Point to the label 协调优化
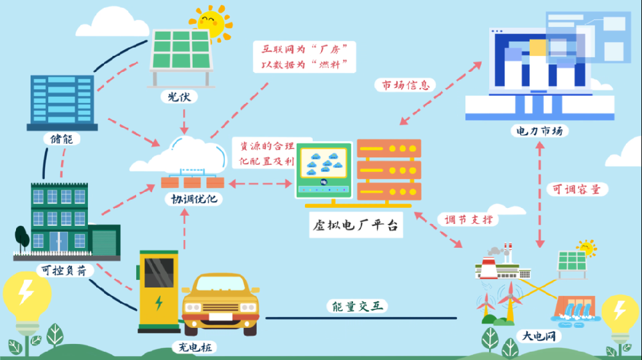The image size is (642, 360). [191, 199]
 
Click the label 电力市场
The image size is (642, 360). [539, 131]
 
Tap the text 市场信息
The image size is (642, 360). [405, 85]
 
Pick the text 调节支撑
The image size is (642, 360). [469, 219]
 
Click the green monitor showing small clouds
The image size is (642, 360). [325, 168]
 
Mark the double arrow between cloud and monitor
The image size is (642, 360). [260, 185]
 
